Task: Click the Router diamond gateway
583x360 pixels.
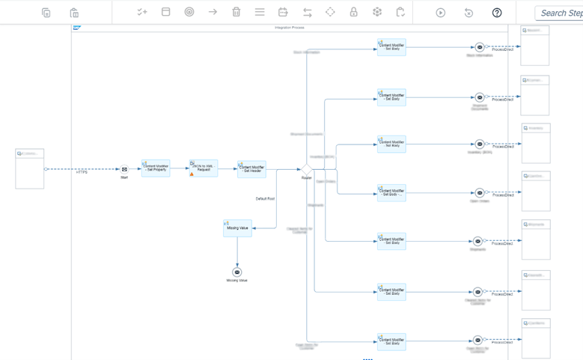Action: (x=307, y=170)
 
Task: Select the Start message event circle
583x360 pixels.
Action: (x=124, y=169)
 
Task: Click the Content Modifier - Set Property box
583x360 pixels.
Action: (x=156, y=168)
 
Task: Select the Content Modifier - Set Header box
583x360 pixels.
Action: (x=251, y=169)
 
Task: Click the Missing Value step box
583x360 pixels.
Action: (x=237, y=228)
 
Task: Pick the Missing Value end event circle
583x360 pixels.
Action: (x=237, y=272)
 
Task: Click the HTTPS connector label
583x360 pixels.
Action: (x=82, y=173)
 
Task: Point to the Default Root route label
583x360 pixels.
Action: (x=265, y=199)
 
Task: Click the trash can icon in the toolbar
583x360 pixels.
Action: (x=236, y=12)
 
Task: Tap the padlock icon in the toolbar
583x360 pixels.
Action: (x=354, y=12)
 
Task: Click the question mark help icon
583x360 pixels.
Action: (x=497, y=13)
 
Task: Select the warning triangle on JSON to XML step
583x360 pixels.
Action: (x=192, y=174)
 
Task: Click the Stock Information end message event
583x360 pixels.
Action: (x=480, y=47)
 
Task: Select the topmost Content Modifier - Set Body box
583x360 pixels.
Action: (x=391, y=47)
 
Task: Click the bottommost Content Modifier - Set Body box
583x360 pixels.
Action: (x=391, y=342)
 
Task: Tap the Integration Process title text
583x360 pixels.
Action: (x=289, y=28)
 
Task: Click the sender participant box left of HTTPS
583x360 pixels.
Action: (x=30, y=169)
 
